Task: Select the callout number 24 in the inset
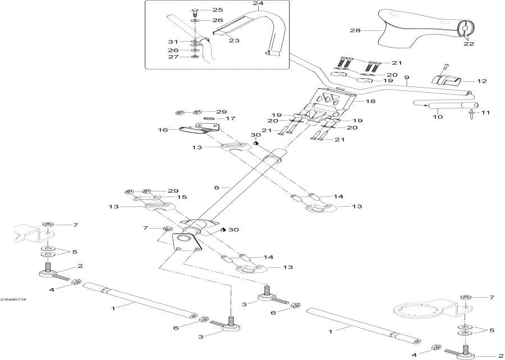click(258, 3)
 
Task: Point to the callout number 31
click(172, 42)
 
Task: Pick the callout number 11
click(486, 113)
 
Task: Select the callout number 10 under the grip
click(437, 117)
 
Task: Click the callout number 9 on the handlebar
click(407, 77)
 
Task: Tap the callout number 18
click(370, 102)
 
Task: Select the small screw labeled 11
click(470, 116)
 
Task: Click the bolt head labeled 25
click(194, 11)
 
